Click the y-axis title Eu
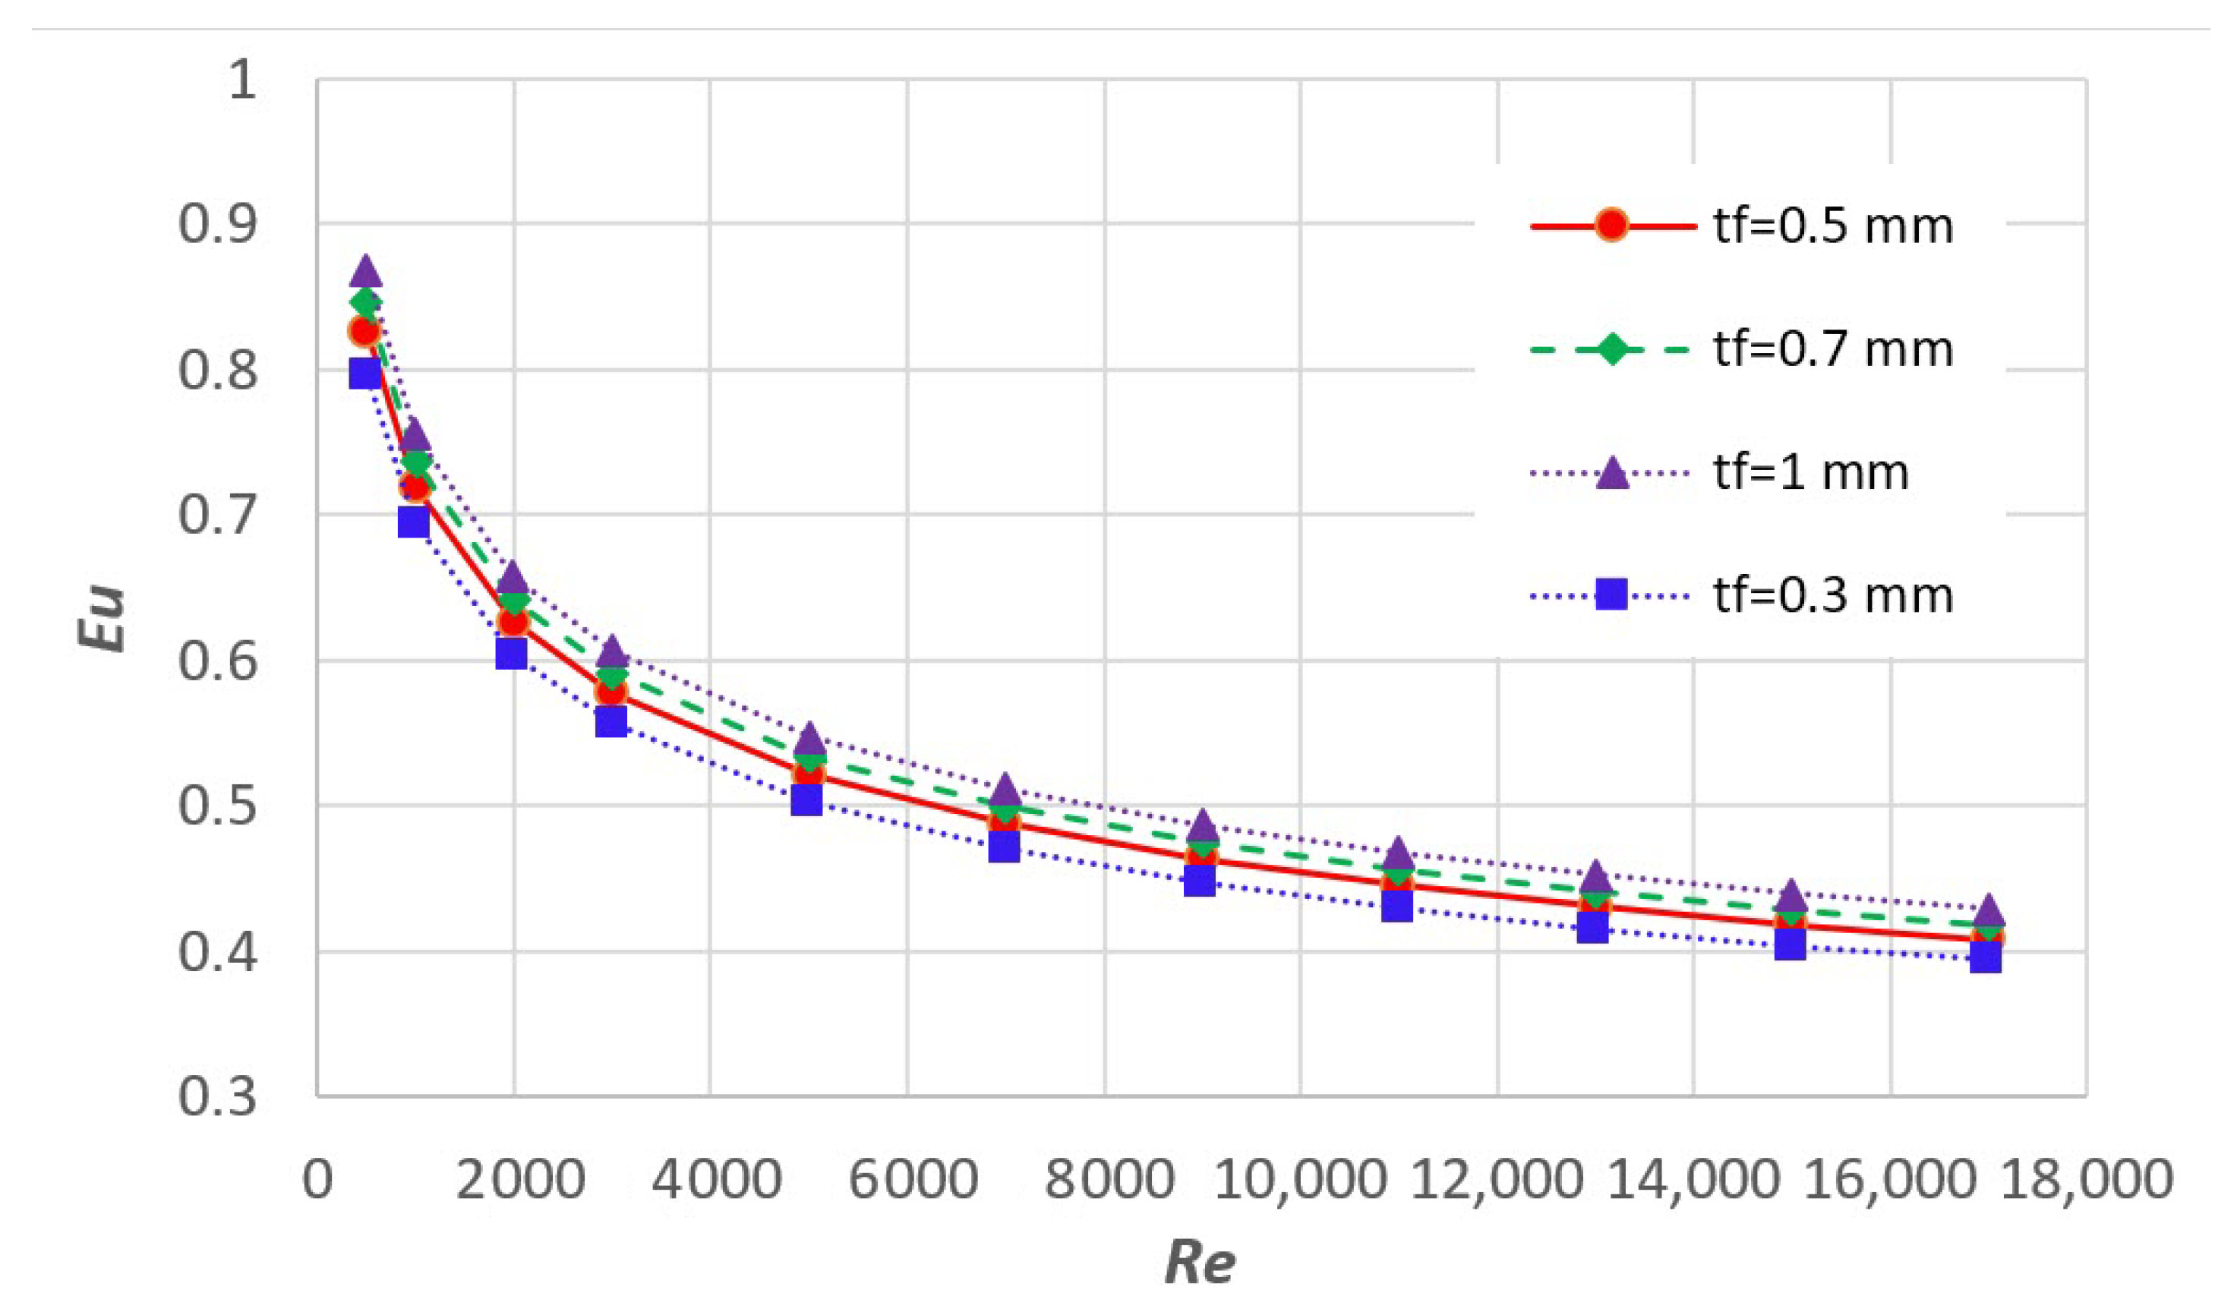point(101,619)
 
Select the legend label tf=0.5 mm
point(1833,227)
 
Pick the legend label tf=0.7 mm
point(1833,350)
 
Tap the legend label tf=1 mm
point(1811,472)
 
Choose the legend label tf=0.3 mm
point(1833,594)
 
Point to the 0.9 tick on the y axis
point(217,224)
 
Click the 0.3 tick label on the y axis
point(217,1097)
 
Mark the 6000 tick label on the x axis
point(913,1181)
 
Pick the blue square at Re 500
point(364,374)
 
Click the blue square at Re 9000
point(1199,881)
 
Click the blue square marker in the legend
point(1611,594)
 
